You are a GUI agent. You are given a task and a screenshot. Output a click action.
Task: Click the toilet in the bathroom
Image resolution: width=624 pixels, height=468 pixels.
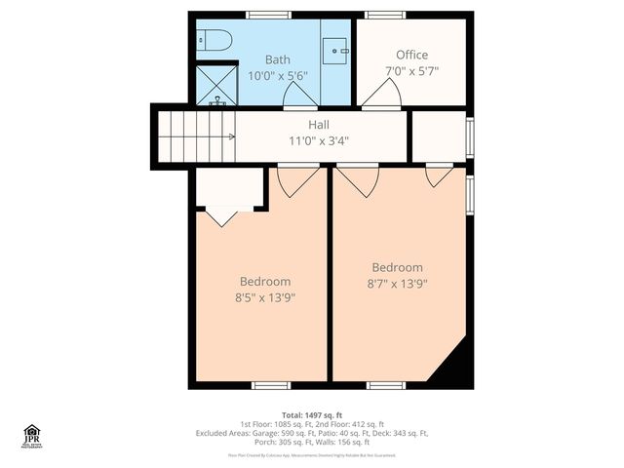pos(214,42)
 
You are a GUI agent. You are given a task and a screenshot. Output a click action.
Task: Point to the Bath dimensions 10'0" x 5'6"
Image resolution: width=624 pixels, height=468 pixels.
pos(277,75)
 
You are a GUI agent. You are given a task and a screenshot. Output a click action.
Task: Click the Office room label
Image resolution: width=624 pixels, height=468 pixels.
pos(411,55)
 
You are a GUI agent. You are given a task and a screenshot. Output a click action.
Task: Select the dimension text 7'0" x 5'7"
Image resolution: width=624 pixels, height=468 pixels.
pos(411,70)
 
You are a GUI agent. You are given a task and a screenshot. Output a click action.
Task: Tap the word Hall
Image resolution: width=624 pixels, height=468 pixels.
pos(319,125)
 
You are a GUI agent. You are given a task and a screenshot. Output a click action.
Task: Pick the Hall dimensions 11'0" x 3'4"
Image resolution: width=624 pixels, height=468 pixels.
pos(319,140)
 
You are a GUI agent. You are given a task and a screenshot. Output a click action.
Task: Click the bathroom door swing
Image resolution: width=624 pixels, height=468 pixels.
pos(299,95)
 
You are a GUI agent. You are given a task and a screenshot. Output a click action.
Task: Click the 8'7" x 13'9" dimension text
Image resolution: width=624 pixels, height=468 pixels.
pos(397,283)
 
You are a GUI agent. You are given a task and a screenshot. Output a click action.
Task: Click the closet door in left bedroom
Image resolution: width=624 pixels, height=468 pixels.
pos(221,215)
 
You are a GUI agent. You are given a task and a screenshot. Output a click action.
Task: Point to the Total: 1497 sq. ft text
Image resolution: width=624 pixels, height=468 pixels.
pos(312,414)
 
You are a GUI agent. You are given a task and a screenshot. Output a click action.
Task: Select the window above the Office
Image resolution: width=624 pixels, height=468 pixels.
pos(379,15)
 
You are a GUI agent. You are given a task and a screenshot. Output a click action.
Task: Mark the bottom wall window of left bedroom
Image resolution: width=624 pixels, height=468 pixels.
pos(270,385)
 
